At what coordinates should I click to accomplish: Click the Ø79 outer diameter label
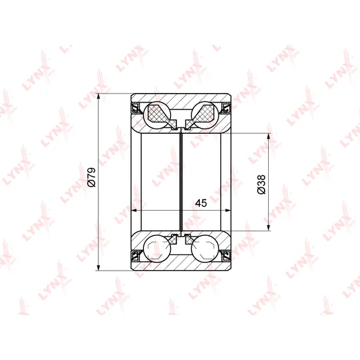click(x=91, y=177)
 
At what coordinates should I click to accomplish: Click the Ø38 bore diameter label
click(x=261, y=184)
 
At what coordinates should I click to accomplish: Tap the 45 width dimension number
click(x=201, y=203)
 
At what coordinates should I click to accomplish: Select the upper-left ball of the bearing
click(x=157, y=115)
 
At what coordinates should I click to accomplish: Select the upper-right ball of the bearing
click(x=205, y=115)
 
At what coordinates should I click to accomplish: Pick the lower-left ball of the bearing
click(x=157, y=248)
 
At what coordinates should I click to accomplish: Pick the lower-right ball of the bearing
click(x=205, y=248)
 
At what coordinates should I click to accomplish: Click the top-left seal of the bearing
click(x=135, y=107)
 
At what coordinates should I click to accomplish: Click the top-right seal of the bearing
click(x=227, y=107)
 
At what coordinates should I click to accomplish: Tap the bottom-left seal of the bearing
click(x=135, y=256)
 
